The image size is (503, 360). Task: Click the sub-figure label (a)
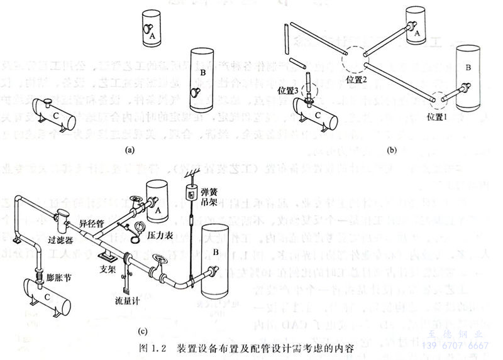click(130, 150)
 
